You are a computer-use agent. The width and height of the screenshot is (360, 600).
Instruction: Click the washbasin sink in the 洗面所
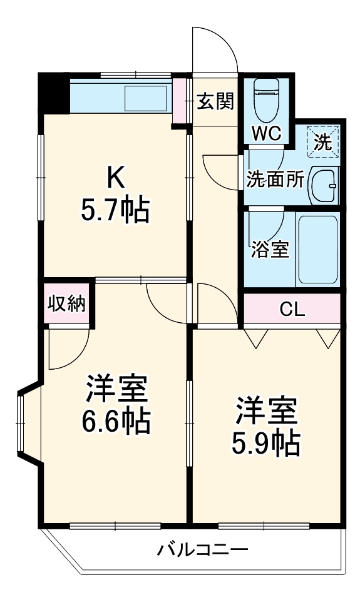(325, 185)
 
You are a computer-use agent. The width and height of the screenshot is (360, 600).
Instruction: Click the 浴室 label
(270, 250)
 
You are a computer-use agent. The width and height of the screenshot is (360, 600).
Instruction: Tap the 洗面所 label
(275, 180)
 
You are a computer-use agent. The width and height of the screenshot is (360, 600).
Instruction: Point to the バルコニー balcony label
(203, 551)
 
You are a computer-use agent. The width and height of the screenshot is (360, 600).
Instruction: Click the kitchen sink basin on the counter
(145, 98)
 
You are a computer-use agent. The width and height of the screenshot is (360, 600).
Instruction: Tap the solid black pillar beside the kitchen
(54, 93)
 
